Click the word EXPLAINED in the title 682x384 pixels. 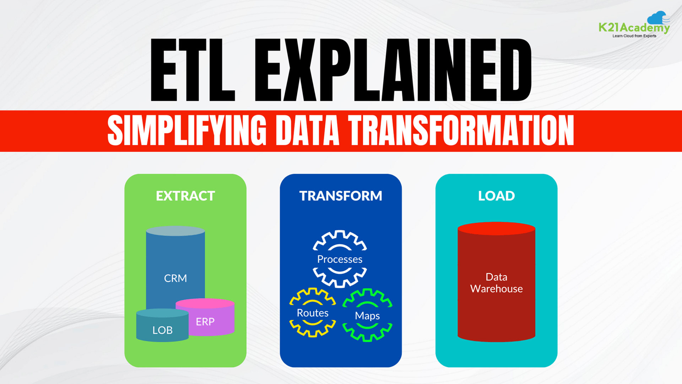click(x=393, y=70)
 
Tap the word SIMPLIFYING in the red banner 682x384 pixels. click(x=187, y=130)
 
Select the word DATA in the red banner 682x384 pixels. click(x=307, y=130)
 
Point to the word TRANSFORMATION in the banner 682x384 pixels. click(x=461, y=130)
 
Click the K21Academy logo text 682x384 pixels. click(x=634, y=27)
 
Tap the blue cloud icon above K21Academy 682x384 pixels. click(x=657, y=17)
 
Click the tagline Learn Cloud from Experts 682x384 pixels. click(x=634, y=36)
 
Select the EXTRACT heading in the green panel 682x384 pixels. click(x=185, y=196)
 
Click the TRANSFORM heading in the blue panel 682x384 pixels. click(x=341, y=196)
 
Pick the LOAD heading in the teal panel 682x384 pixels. click(x=496, y=196)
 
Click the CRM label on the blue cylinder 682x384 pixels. click(x=175, y=278)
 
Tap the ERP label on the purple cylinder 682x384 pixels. click(x=205, y=322)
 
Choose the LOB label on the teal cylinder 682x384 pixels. click(x=162, y=330)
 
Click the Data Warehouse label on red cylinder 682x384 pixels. click(x=496, y=283)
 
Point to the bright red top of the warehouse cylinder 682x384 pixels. click(x=496, y=228)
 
